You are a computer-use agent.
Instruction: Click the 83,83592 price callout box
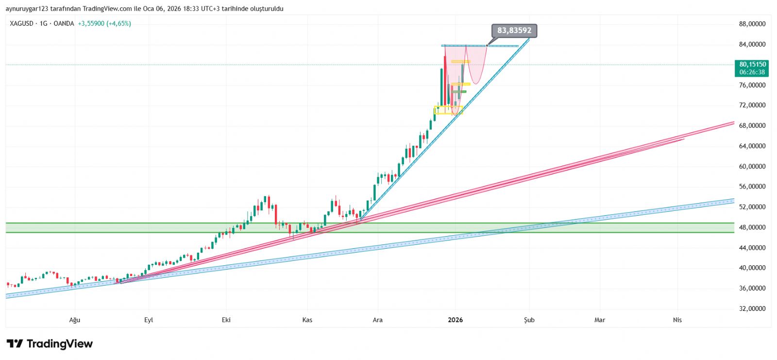[514, 31]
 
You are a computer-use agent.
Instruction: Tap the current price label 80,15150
[752, 64]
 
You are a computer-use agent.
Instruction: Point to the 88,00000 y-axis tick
[752, 24]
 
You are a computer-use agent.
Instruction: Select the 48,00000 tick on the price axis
[752, 227]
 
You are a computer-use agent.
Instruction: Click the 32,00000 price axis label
[752, 309]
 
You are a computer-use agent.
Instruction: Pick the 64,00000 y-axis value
[752, 146]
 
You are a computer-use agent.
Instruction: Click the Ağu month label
[74, 320]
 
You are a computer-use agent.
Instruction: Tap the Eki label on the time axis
[226, 320]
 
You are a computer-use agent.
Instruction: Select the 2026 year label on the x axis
[455, 320]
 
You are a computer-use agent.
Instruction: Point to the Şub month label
[529, 320]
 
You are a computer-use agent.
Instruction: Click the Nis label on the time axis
[677, 320]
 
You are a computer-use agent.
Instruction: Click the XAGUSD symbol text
[21, 23]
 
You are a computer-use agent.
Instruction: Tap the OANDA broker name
[64, 23]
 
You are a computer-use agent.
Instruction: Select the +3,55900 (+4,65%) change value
[104, 23]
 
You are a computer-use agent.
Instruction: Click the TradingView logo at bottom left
[50, 344]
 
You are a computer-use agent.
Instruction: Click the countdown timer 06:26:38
[752, 72]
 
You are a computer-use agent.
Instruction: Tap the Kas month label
[307, 320]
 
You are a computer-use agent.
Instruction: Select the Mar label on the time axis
[600, 320]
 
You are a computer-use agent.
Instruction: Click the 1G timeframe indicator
[43, 23]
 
